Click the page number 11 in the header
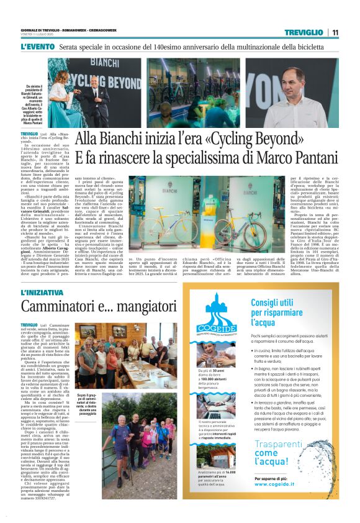(x=335, y=32)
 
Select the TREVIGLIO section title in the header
(x=304, y=32)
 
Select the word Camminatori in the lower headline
(x=59, y=307)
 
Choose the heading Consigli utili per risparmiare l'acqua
(x=282, y=312)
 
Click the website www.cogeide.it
(x=279, y=502)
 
